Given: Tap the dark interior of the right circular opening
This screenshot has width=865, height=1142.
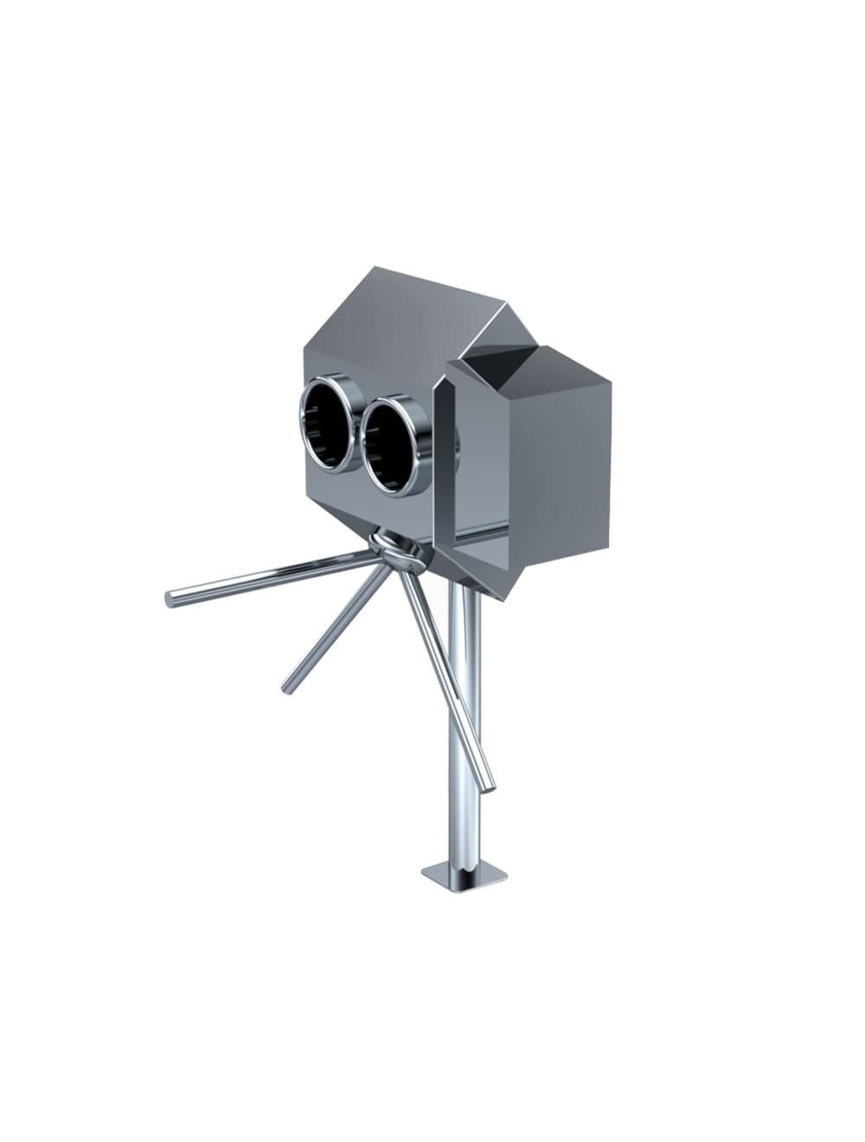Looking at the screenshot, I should [390, 447].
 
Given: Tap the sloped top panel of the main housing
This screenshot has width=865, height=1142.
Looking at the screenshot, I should [407, 311].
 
